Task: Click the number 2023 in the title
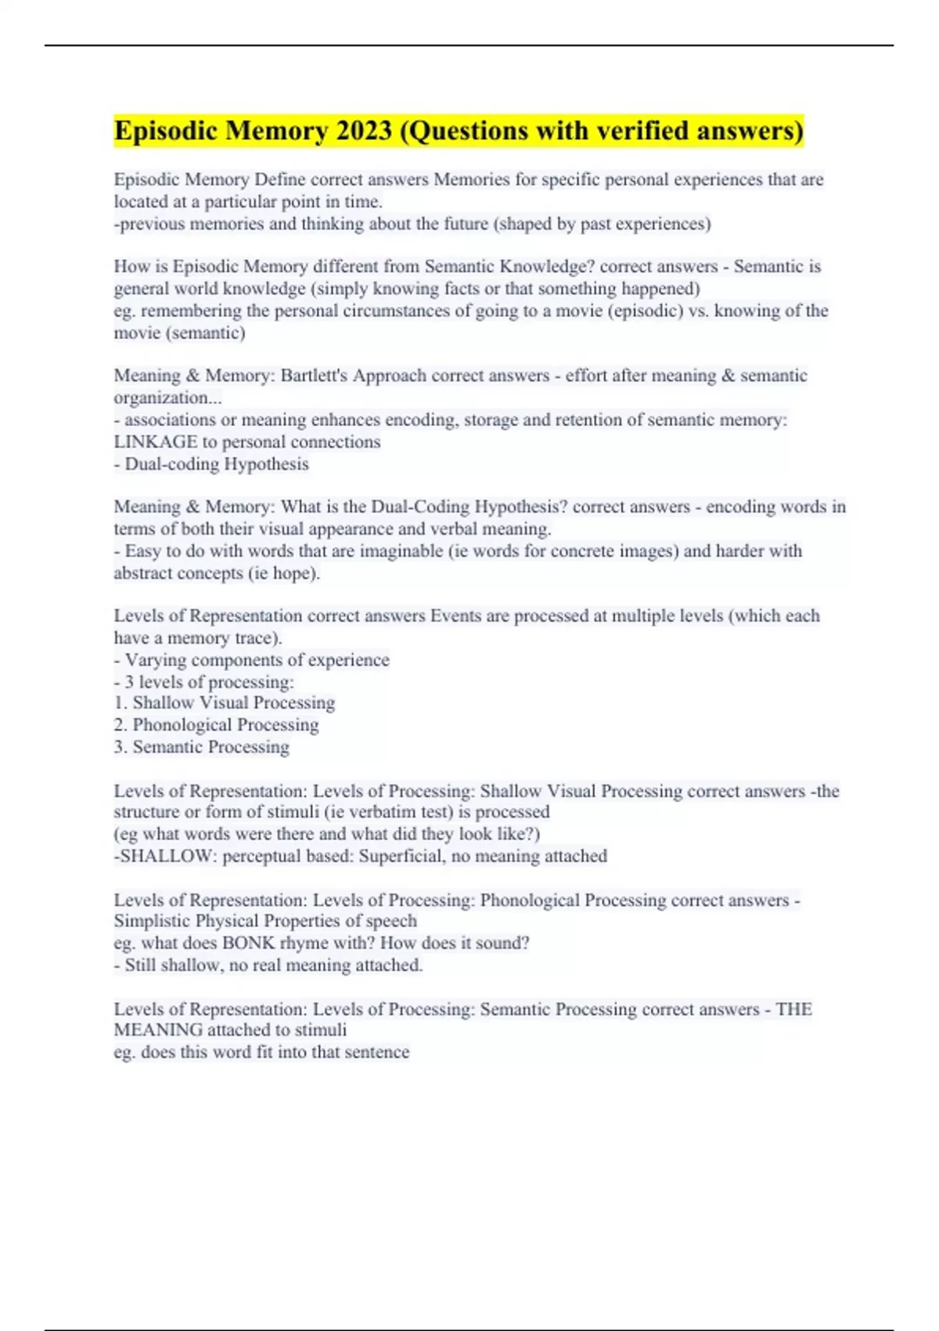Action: tap(363, 131)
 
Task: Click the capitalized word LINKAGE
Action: tap(155, 442)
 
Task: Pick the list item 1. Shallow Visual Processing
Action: tap(225, 703)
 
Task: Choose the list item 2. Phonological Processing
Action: tap(216, 725)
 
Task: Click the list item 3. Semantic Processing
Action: tap(202, 747)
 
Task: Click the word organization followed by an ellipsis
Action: tap(167, 398)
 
